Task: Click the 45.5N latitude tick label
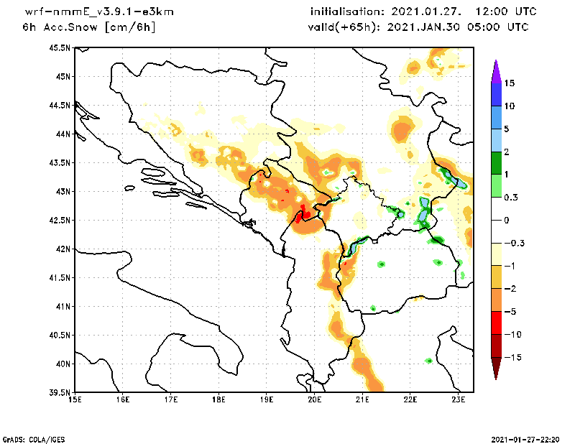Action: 58,48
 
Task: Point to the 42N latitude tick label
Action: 61,249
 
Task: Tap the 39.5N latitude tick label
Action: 58,393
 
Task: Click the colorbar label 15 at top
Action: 509,83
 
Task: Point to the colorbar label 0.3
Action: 510,197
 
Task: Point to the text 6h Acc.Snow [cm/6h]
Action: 88,27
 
